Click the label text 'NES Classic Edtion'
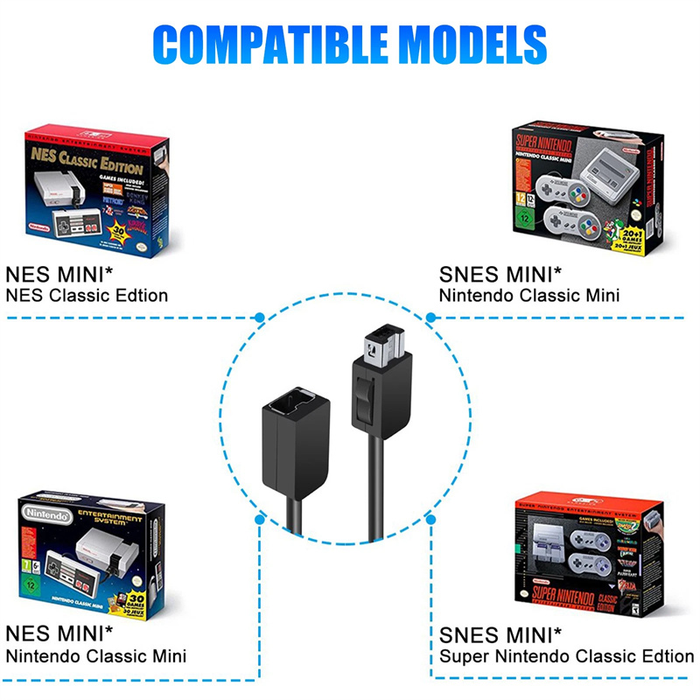pyautogui.click(x=87, y=295)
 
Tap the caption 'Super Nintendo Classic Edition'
pyautogui.click(x=566, y=655)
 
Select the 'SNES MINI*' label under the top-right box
pyautogui.click(x=501, y=273)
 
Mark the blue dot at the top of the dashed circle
pyautogui.click(x=260, y=318)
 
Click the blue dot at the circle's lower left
pyautogui.click(x=260, y=519)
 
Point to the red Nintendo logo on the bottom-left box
pyautogui.click(x=47, y=516)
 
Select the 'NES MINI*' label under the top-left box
pyautogui.click(x=59, y=273)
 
